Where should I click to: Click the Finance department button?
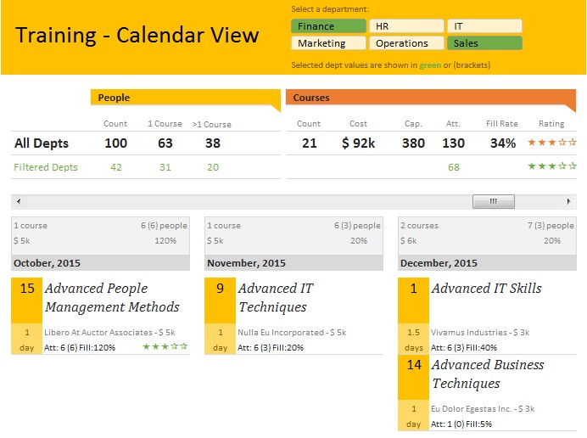tap(328, 26)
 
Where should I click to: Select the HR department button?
tap(406, 26)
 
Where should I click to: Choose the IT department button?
tap(484, 26)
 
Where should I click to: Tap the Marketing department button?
tap(328, 43)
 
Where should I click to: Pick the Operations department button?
tap(406, 43)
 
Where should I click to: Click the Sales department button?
tap(484, 43)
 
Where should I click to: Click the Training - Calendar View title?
tap(137, 36)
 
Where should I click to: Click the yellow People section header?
tap(184, 98)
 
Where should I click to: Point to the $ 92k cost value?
tap(358, 143)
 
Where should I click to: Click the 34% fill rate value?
tap(502, 143)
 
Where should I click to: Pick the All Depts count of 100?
tap(115, 143)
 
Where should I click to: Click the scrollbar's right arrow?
tap(570, 202)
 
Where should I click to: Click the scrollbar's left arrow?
tap(18, 202)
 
